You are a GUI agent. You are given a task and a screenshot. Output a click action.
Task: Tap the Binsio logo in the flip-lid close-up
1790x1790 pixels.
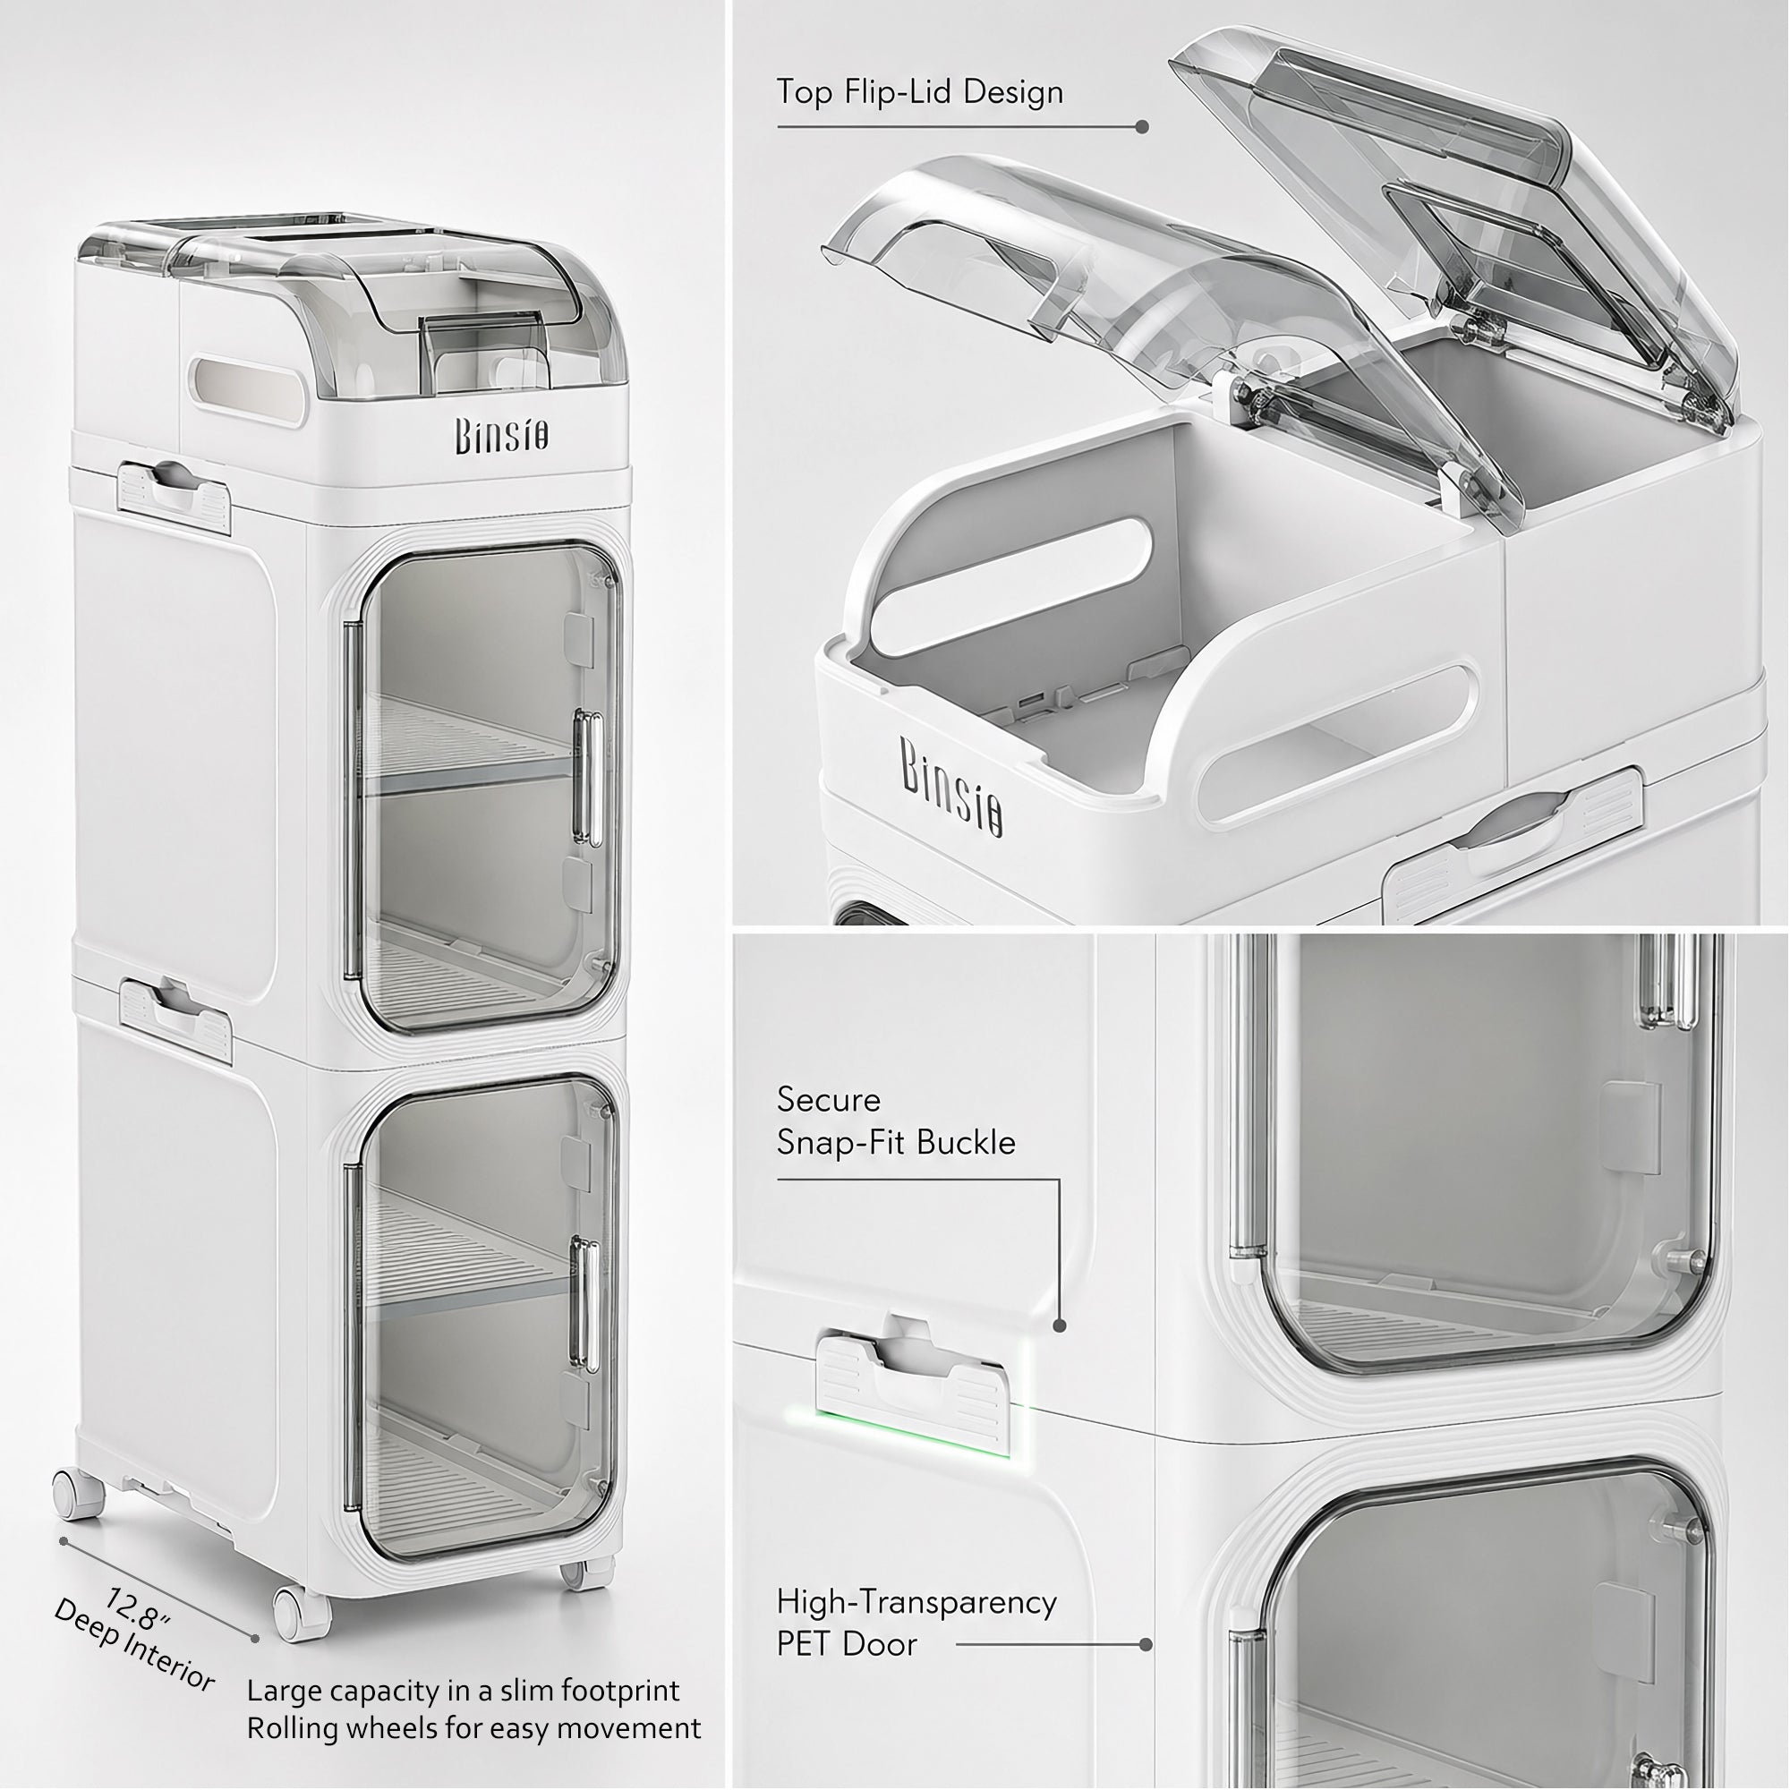[951, 787]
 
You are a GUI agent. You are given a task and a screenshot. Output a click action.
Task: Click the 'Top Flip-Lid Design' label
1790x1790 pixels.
[920, 93]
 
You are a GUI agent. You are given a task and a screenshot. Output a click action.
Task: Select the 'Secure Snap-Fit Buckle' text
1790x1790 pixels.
[896, 1121]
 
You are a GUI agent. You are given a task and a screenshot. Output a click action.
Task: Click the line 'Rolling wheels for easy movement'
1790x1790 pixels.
[473, 1729]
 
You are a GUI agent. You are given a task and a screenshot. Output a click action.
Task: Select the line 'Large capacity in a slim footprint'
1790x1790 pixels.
[464, 1690]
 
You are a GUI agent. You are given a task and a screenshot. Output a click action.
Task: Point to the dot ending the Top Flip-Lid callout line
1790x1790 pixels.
[1142, 127]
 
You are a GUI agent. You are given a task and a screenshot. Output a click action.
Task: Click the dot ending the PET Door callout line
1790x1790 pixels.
[1146, 1644]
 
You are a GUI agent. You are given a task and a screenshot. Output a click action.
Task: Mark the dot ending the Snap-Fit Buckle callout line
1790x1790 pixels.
[1060, 1325]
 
